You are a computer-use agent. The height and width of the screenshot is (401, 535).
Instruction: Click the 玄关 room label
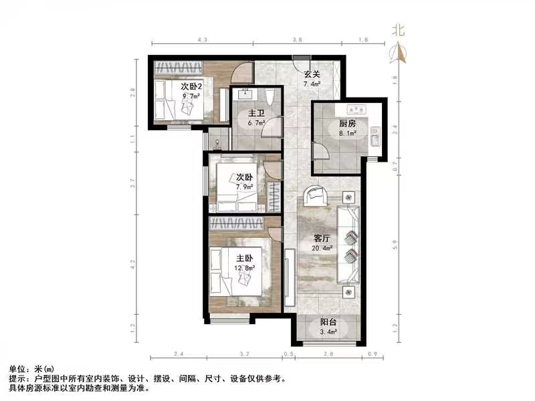pyautogui.click(x=312, y=75)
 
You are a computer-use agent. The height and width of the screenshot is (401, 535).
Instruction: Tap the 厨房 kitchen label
pyautogui.click(x=346, y=124)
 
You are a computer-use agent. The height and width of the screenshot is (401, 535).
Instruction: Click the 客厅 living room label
pyautogui.click(x=323, y=238)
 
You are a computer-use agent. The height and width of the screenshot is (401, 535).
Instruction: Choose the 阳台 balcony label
pyautogui.click(x=328, y=321)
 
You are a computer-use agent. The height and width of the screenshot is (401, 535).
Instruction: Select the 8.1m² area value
pyautogui.click(x=346, y=134)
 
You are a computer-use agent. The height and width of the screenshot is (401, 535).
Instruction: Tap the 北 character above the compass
pyautogui.click(x=399, y=30)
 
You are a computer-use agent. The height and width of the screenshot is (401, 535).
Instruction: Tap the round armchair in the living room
pyautogui.click(x=314, y=196)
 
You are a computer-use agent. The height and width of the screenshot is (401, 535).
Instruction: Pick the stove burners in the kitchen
pyautogui.click(x=355, y=108)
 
